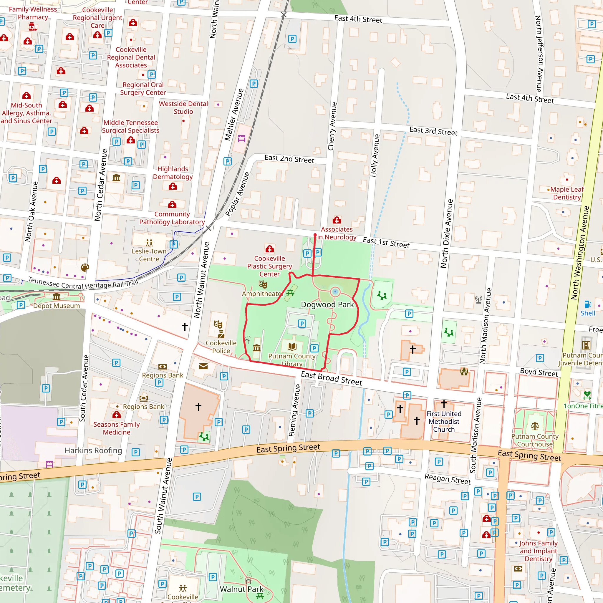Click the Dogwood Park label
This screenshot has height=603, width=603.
[327, 305]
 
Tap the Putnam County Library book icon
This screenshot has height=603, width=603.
[292, 347]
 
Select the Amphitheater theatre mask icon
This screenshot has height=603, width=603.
[263, 284]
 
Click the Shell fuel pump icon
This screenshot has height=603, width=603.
[588, 304]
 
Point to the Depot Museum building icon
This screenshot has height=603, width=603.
[57, 297]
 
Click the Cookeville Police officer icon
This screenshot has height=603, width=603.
[221, 334]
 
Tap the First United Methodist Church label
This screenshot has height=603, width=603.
[444, 421]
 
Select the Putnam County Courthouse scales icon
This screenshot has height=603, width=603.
[535, 426]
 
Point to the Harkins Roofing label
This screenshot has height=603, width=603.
[93, 450]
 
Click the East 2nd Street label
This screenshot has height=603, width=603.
[289, 159]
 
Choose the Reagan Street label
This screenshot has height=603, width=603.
[448, 479]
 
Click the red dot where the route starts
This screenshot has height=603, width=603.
[315, 235]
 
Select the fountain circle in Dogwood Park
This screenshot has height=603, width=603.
[335, 292]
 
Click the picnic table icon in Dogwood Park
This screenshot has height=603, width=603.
[290, 293]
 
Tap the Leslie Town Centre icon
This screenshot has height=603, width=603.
[149, 243]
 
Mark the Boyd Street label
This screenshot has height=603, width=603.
[539, 372]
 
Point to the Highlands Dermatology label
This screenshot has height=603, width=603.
[173, 173]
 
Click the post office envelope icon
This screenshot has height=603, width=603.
[203, 366]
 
